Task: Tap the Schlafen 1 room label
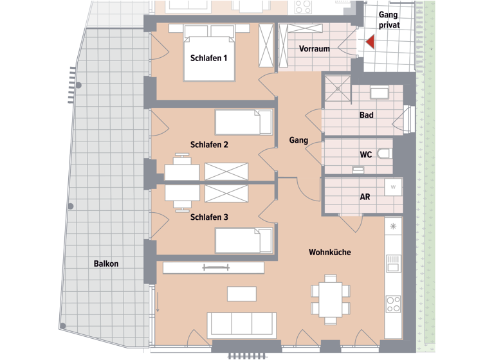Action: (209, 58)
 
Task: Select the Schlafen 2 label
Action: (209, 145)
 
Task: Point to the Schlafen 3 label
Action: (209, 217)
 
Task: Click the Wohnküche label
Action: (330, 253)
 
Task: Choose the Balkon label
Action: (105, 264)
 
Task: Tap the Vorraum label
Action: (315, 49)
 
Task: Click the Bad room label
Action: (367, 116)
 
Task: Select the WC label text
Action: (365, 155)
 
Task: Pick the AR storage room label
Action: (364, 197)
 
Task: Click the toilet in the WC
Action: (385, 154)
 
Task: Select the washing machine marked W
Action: (392, 187)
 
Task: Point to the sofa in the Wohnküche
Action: (241, 324)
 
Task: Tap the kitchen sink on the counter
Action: (393, 263)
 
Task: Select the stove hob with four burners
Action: (393, 303)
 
